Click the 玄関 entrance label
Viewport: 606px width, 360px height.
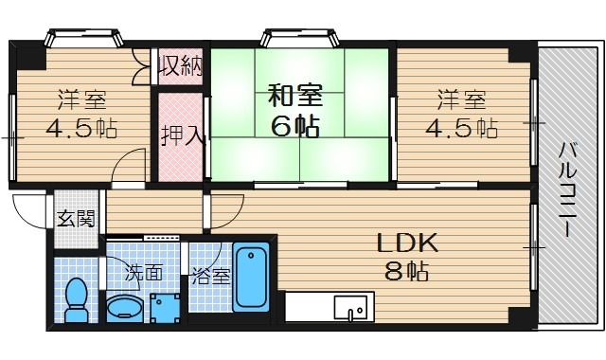point(75,220)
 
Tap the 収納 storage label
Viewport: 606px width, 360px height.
point(180,66)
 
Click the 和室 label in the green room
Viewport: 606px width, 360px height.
point(295,96)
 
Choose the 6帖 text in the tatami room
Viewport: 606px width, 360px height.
point(297,125)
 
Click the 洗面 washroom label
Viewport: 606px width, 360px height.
point(145,273)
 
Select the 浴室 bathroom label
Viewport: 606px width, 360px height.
point(209,277)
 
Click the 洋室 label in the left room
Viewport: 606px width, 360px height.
point(80,99)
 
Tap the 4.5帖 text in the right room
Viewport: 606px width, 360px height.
point(460,127)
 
